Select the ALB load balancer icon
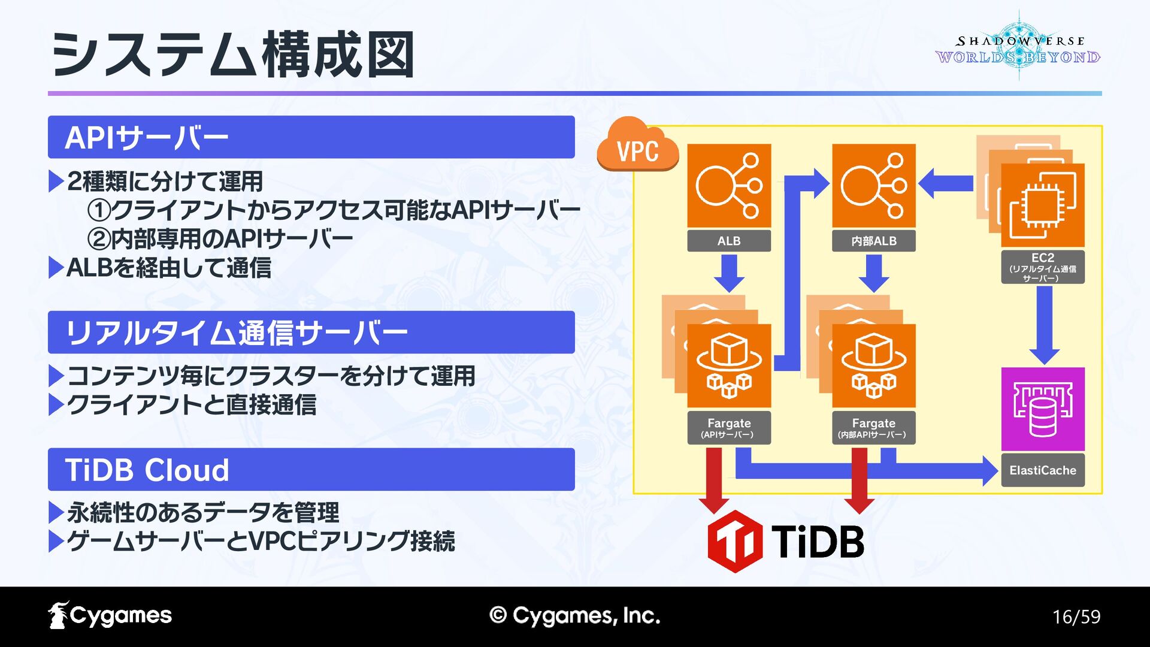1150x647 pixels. click(x=729, y=186)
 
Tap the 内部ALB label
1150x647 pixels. click(x=874, y=241)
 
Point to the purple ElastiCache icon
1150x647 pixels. click(x=1043, y=409)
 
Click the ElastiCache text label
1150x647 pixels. click(x=1043, y=470)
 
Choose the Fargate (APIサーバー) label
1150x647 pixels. click(x=729, y=428)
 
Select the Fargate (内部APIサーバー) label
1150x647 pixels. click(x=874, y=428)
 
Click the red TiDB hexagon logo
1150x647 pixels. click(x=735, y=541)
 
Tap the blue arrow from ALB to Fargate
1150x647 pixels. click(x=729, y=273)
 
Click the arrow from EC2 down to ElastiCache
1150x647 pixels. click(x=1045, y=324)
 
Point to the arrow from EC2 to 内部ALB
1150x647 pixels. click(x=946, y=183)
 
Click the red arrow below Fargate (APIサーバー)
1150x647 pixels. click(x=714, y=479)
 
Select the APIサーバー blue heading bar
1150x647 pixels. click(x=311, y=137)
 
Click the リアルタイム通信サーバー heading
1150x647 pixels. click(x=311, y=332)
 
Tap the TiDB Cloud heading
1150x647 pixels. click(x=311, y=470)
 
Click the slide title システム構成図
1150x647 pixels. click(x=234, y=55)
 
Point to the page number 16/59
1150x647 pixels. click(x=1076, y=616)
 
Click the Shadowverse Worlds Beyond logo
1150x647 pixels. click(x=1018, y=48)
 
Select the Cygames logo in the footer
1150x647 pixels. click(x=110, y=615)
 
